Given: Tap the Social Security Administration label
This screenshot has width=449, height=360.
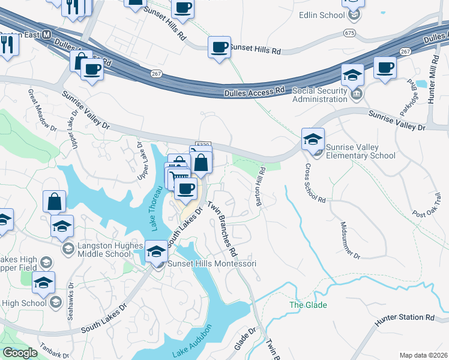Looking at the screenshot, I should click(319, 95).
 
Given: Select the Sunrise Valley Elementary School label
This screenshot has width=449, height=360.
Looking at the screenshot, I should click(361, 151).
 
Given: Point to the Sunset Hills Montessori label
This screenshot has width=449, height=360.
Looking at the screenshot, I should click(208, 264).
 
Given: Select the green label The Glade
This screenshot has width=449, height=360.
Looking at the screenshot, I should click(308, 305).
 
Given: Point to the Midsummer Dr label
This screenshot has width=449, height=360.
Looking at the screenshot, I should click(350, 241).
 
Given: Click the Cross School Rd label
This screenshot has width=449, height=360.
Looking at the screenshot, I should click(315, 183).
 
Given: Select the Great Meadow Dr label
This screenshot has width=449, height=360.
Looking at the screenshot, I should click(42, 110).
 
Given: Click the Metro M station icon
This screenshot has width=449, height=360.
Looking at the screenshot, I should click(47, 35).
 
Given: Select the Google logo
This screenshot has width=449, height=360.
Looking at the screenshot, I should click(20, 353).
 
